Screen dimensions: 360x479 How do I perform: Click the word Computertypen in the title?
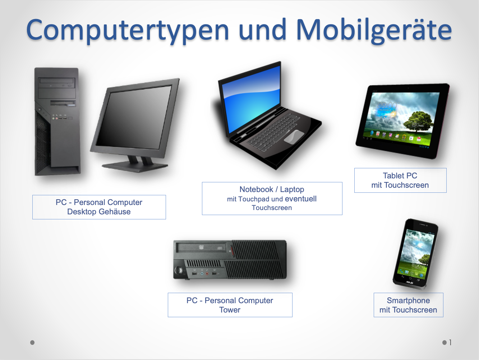128,30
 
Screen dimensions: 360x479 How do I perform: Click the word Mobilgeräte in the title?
374,30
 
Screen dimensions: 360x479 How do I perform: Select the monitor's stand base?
135,167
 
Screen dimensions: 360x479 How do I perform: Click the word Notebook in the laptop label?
256,190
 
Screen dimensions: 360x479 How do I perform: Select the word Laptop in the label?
292,190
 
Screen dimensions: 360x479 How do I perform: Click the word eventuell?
300,199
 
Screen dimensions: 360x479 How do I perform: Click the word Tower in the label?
230,310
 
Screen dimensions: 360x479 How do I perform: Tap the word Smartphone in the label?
408,301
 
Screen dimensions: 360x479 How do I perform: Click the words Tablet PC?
400,176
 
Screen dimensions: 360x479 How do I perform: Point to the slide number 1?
450,342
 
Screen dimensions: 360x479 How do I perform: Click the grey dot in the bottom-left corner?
32,342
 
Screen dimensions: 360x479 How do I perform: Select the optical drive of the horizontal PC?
203,248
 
